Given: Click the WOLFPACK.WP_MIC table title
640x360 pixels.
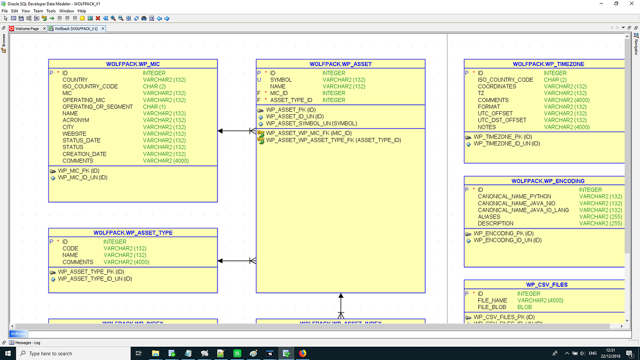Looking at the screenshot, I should coord(133,64).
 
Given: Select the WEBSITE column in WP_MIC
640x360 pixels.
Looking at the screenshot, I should coord(74,134).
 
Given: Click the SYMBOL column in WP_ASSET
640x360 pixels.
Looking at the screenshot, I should coord(281,80).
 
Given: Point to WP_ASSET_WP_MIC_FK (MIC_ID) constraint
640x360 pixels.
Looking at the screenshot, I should coord(308,133).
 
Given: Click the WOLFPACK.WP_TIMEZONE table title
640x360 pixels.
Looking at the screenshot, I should coord(548,64).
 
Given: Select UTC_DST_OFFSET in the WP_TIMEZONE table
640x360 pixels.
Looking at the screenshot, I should coord(502,120).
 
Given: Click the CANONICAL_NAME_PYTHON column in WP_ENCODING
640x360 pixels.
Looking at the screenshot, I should coord(514,197).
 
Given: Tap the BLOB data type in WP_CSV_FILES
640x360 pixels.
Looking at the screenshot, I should coord(524,307).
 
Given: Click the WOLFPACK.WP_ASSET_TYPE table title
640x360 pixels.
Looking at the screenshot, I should coord(133,233).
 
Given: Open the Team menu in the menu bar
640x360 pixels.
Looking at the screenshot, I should coord(38,10).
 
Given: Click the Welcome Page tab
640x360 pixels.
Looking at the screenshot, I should coord(27,28).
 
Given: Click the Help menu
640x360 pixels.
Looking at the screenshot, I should coord(82,10).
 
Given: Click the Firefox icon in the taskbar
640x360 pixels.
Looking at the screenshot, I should coord(302,353).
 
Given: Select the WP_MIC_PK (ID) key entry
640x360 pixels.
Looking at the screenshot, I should coord(78,171).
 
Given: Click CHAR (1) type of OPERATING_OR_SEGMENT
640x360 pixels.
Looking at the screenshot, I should coord(154,107).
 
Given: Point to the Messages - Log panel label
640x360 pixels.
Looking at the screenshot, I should coord(27,343).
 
